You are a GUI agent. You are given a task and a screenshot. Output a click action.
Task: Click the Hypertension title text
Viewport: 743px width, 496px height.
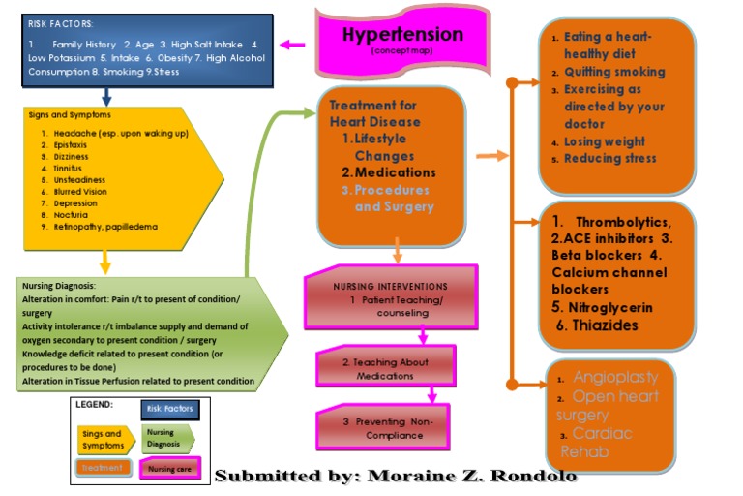point(402,35)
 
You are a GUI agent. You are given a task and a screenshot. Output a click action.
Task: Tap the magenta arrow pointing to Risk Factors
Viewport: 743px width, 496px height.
point(292,44)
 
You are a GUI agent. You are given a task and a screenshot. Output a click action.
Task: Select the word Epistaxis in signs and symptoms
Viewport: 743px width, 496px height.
point(73,145)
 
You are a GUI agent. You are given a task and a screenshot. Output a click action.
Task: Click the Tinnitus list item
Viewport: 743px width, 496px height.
point(71,169)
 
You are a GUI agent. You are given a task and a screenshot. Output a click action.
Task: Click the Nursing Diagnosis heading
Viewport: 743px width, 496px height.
point(57,286)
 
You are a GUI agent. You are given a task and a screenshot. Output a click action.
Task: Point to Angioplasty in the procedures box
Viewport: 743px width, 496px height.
point(615,377)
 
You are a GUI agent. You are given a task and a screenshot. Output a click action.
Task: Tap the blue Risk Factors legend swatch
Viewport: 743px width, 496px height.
point(169,409)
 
